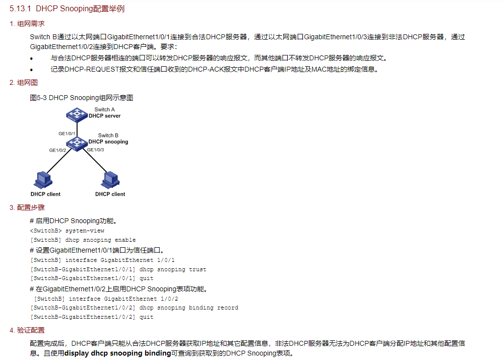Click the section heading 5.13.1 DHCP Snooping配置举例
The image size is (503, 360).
70,9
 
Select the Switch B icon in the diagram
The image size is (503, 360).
76,143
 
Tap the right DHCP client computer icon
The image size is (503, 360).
110,180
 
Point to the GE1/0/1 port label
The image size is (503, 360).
67,133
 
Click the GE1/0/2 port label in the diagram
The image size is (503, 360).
57,150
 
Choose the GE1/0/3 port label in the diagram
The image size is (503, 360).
96,149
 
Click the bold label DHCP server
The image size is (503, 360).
104,116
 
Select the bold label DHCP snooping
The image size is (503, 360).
108,142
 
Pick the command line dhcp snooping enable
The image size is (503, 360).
83,240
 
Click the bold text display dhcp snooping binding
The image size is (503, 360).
118,353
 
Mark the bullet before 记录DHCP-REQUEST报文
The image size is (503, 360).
32,70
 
